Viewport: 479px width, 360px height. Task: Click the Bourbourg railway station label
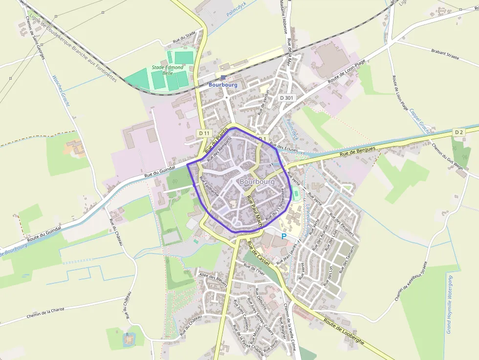coord(223,85)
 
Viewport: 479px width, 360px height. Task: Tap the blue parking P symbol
coord(284,236)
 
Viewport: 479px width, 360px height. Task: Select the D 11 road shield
coord(204,133)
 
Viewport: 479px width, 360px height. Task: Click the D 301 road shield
coord(287,98)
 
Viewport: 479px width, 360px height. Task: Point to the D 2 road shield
coord(458,132)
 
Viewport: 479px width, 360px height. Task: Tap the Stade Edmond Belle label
coord(168,70)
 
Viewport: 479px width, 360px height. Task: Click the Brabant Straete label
coord(445,54)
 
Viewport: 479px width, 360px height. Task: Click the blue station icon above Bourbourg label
coord(223,77)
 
